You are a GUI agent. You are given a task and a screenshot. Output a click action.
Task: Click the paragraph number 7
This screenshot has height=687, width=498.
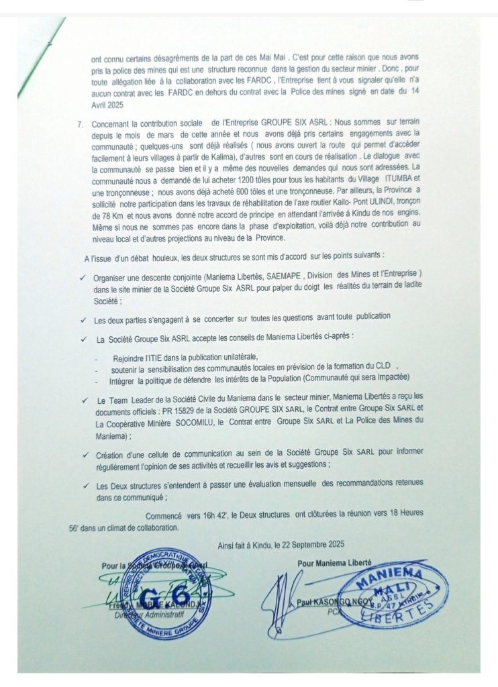pos(81,124)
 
